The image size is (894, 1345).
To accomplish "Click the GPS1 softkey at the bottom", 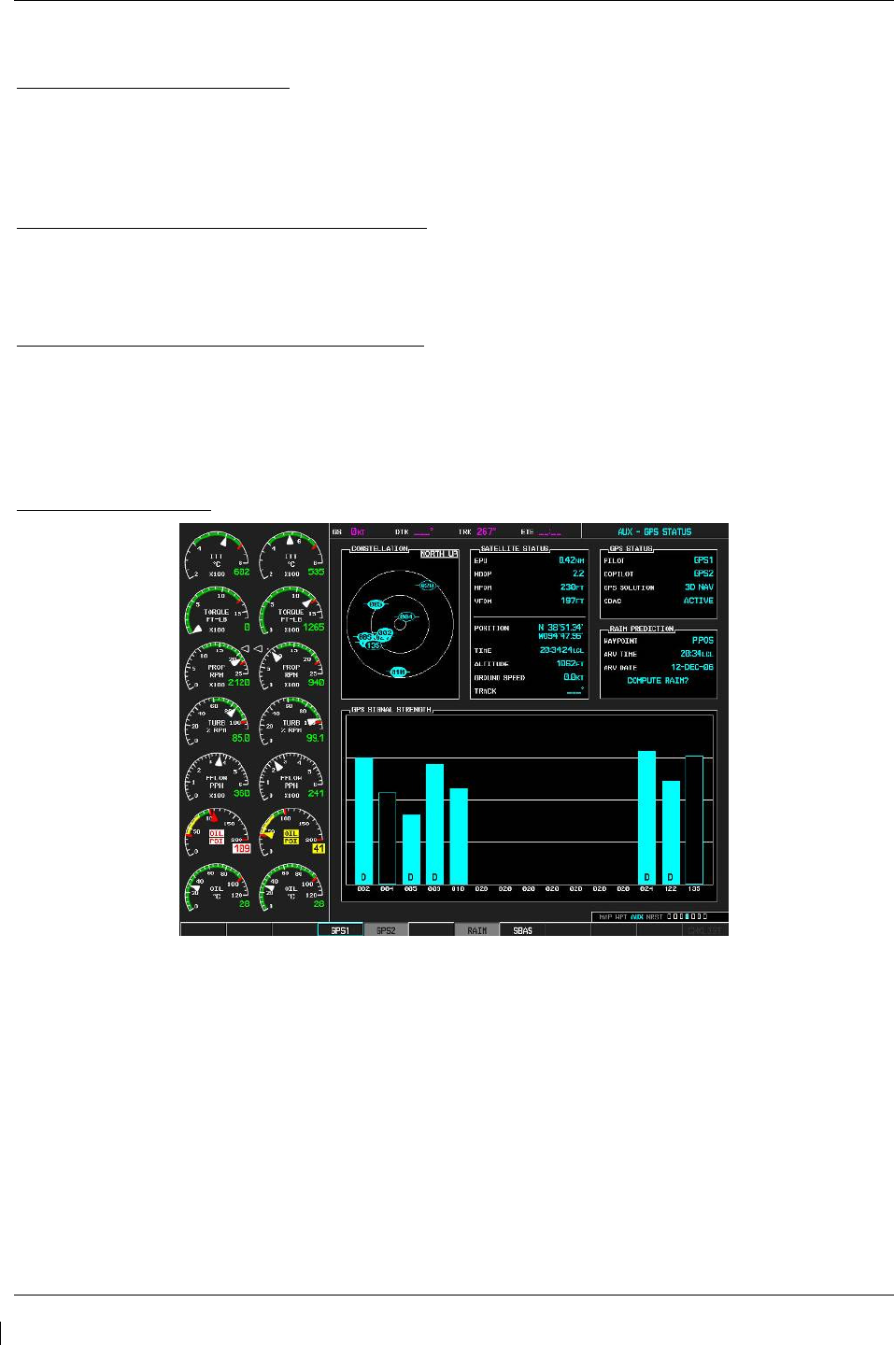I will pyautogui.click(x=340, y=930).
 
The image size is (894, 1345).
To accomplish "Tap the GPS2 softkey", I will pyautogui.click(x=386, y=930).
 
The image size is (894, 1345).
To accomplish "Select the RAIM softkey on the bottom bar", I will pyautogui.click(x=476, y=930).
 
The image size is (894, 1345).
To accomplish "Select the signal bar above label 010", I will pyautogui.click(x=459, y=836).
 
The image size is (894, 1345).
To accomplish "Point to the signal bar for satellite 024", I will pyautogui.click(x=646, y=817).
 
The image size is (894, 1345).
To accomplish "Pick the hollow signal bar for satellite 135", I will pyautogui.click(x=694, y=819).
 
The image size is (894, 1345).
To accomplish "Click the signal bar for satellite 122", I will pyautogui.click(x=671, y=832).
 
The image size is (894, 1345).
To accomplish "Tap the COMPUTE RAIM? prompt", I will pyautogui.click(x=658, y=681).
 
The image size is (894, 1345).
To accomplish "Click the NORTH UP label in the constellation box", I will pyautogui.click(x=439, y=554).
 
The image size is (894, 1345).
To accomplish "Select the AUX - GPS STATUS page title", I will pyautogui.click(x=655, y=531).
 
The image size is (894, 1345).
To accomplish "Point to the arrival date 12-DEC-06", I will pyautogui.click(x=692, y=668).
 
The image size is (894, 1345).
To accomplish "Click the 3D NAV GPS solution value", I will pyautogui.click(x=699, y=588).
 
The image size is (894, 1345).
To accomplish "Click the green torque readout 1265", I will pyautogui.click(x=314, y=628).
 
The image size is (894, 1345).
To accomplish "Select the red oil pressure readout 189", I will pyautogui.click(x=242, y=848).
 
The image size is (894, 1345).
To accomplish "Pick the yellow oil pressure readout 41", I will pyautogui.click(x=319, y=848).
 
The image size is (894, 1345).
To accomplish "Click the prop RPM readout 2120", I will pyautogui.click(x=239, y=683).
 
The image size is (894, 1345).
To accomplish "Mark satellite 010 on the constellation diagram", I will pyautogui.click(x=399, y=672).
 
